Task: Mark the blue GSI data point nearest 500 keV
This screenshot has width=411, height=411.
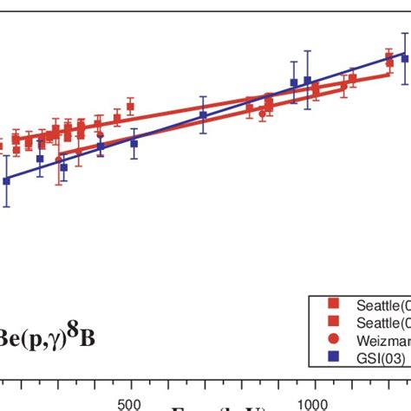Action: point(134,143)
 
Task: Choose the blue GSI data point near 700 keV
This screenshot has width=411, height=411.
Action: point(203,114)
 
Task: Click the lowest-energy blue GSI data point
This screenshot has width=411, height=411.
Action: point(7,180)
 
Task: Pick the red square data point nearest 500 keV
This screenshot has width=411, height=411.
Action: point(130,107)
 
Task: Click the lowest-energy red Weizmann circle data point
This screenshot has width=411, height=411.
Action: point(59,160)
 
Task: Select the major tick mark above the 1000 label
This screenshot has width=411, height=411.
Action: point(313,382)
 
